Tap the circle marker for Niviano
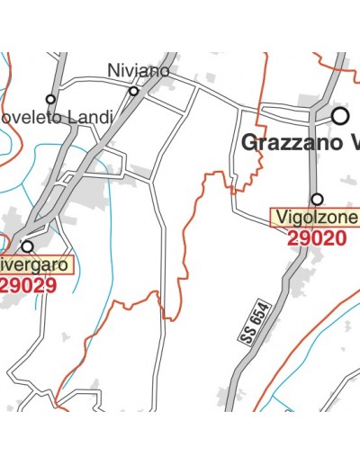tap(134, 91)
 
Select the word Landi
tap(94, 117)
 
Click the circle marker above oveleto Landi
tap(50, 100)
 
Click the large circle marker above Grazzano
tap(340, 116)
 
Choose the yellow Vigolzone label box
tap(316, 219)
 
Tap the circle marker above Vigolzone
tap(317, 199)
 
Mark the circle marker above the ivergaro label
tap(27, 246)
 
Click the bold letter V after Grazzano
tap(352, 143)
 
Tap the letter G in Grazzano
tap(248, 143)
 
